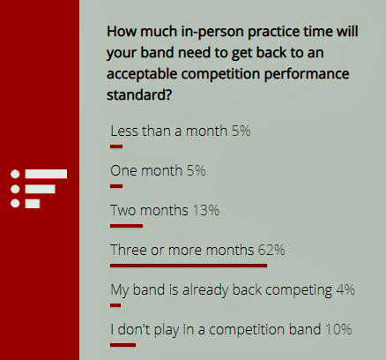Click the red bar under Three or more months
pyautogui.click(x=189, y=266)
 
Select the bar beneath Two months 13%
pyautogui.click(x=127, y=226)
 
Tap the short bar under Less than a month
pyautogui.click(x=116, y=146)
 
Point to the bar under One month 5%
pyautogui.click(x=116, y=186)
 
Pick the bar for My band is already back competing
pyautogui.click(x=115, y=305)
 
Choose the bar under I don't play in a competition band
pyautogui.click(x=123, y=345)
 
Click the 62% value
pyautogui.click(x=271, y=251)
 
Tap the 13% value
pyautogui.click(x=206, y=211)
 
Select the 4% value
pyautogui.click(x=345, y=290)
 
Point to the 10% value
pyautogui.click(x=338, y=329)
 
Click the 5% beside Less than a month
pyautogui.click(x=241, y=131)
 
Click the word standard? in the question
pyautogui.click(x=139, y=94)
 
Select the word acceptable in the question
pyautogui.click(x=142, y=74)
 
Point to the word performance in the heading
pyautogui.click(x=307, y=74)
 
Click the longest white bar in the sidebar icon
pyautogui.click(x=46, y=174)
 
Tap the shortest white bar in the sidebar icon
pyautogui.click(x=33, y=204)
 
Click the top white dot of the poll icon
pyautogui.click(x=15, y=174)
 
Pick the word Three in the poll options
pyautogui.click(x=129, y=251)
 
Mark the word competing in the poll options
pyautogui.click(x=299, y=290)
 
